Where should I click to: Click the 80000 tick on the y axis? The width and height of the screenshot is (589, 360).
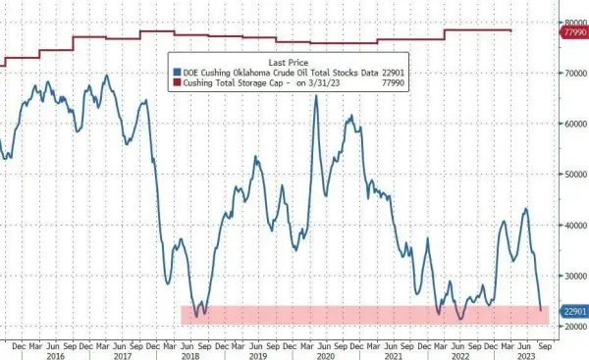click(x=571, y=22)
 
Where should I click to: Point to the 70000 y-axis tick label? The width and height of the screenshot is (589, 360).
click(x=571, y=73)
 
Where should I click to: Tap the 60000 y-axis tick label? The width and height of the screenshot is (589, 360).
click(x=571, y=124)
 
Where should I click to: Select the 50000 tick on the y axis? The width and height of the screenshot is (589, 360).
click(x=571, y=175)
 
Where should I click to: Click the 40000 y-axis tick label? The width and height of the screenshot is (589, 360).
click(x=571, y=226)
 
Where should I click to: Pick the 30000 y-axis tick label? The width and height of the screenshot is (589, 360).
click(x=571, y=277)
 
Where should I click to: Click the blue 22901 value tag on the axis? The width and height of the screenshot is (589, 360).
click(x=572, y=311)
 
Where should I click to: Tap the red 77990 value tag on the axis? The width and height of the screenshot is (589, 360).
click(x=572, y=33)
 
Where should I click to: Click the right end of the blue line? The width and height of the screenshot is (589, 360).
click(x=541, y=310)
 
